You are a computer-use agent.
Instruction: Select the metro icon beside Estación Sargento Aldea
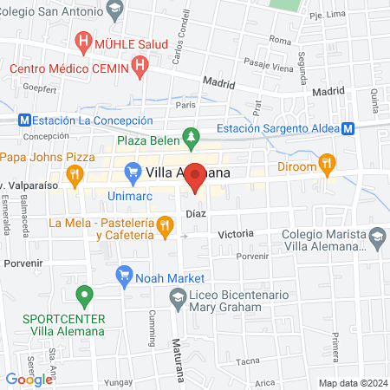coord(348,128)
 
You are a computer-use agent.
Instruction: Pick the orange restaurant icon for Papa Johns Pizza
coord(75,173)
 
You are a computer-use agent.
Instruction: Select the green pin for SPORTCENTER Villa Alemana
coord(84,296)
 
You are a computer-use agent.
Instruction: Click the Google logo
coord(29,379)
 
